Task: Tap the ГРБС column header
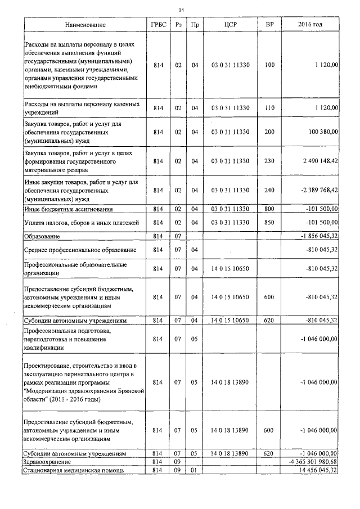point(158,25)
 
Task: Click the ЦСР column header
point(229,25)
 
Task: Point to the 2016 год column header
point(310,25)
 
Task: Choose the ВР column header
point(269,25)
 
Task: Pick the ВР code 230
point(269,161)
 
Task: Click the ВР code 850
point(269,223)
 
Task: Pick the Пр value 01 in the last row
point(195,470)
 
